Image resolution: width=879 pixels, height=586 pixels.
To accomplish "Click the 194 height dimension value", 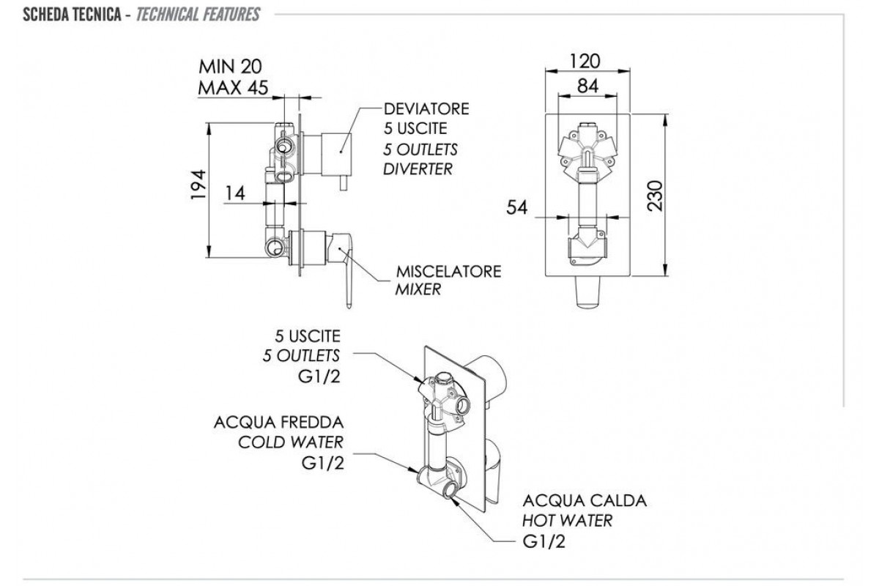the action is click(199, 185).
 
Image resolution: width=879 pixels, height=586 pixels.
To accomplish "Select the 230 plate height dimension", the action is click(655, 196).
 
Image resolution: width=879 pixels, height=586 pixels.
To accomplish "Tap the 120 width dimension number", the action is click(585, 62).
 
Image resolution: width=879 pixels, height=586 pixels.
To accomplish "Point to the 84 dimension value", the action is click(587, 86).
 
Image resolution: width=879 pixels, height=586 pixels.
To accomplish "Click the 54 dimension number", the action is click(517, 207).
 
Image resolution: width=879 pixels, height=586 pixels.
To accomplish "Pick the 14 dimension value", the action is click(235, 193).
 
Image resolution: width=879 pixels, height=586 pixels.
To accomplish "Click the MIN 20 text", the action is click(230, 67).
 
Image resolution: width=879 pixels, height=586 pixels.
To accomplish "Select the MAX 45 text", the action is click(233, 87).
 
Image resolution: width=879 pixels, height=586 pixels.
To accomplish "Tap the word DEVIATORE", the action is click(426, 108).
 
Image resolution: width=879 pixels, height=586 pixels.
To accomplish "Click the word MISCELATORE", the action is click(448, 272).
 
